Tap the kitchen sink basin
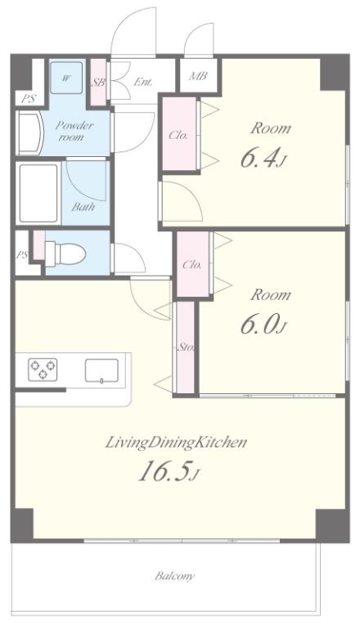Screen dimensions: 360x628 point(101,370)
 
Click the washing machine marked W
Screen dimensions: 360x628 point(66,78)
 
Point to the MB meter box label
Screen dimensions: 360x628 point(198,76)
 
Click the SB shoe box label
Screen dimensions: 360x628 point(98,83)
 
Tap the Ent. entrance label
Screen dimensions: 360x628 point(143,82)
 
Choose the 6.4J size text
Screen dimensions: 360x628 point(263,158)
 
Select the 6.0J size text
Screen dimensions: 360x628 point(263,325)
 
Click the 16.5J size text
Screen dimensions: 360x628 point(169,471)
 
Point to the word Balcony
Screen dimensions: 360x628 point(175,576)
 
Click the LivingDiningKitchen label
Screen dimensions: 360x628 point(176,442)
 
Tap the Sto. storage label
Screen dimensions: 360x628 point(186,347)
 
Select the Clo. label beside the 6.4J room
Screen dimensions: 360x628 point(178,135)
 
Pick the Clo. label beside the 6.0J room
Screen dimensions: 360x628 point(192,265)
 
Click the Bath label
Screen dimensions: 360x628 point(83,207)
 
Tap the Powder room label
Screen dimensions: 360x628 point(74,131)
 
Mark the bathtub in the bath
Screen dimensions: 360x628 point(38,193)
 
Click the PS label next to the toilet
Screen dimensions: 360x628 point(21,255)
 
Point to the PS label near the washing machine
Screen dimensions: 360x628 point(28,99)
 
